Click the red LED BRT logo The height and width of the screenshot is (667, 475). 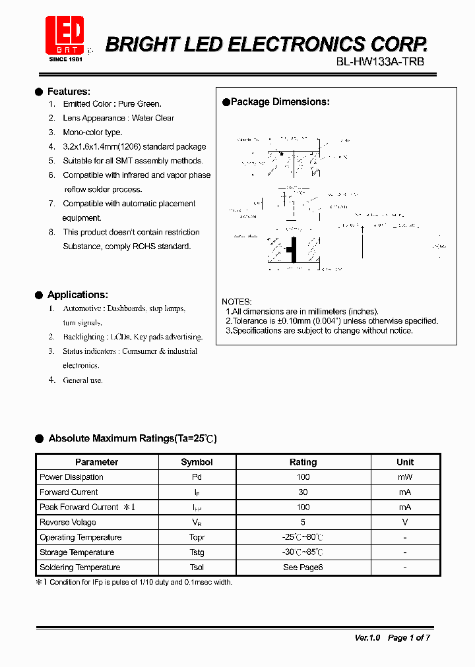coord(65,34)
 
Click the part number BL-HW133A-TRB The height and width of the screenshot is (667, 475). coord(380,62)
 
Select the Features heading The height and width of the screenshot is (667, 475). coord(69,92)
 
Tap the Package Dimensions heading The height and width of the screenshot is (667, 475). coord(280,101)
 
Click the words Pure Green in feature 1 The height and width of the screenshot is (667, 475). coord(140,104)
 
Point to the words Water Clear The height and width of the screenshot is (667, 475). coord(153,118)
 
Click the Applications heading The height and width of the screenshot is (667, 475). coord(77,295)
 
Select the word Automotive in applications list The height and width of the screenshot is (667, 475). coord(82,308)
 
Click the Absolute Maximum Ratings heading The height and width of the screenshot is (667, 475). coord(132,438)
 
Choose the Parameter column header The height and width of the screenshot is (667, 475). coord(96,462)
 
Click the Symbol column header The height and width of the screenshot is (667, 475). coord(197,462)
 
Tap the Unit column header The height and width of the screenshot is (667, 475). coord(405,462)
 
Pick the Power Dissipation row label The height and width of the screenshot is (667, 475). coord(71,477)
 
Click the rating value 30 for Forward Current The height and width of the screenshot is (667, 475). coord(303,492)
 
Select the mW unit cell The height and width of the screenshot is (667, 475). coord(405,477)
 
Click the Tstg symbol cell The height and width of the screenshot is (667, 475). coord(197,552)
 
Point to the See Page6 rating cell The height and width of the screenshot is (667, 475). coord(303,567)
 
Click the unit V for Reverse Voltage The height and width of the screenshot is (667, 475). coord(405,522)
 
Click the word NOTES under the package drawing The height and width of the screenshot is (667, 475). coord(236,301)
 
